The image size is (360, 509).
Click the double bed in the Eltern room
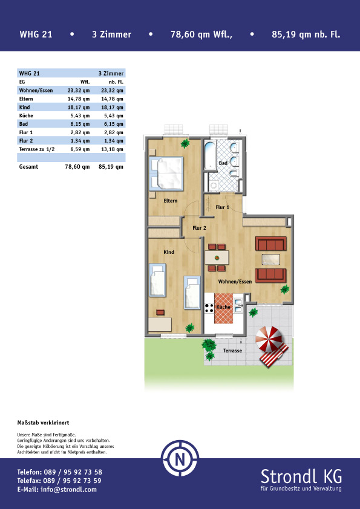click(166, 173)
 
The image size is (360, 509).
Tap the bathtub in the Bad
click(211, 155)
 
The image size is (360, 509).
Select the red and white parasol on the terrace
click(269, 339)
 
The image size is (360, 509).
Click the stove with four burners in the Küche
click(209, 308)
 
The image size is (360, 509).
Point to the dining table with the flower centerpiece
click(217, 258)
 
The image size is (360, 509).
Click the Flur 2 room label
click(199, 228)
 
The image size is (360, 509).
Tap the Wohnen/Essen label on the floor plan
click(235, 282)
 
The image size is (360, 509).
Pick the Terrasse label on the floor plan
click(232, 351)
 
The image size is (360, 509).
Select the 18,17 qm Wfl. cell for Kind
click(79, 107)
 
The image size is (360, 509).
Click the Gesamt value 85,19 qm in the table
click(111, 166)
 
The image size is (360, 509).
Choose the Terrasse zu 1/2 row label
click(37, 149)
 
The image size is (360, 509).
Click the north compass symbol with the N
click(180, 458)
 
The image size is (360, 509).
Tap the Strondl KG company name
click(301, 476)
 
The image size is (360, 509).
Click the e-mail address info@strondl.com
click(68, 489)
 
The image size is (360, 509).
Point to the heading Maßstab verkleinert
click(43, 423)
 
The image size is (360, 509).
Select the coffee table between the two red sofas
click(270, 259)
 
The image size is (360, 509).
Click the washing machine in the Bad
click(214, 186)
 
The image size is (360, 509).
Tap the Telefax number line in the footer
click(59, 481)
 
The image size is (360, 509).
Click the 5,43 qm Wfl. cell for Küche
click(79, 115)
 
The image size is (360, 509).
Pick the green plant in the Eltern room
click(185, 143)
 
